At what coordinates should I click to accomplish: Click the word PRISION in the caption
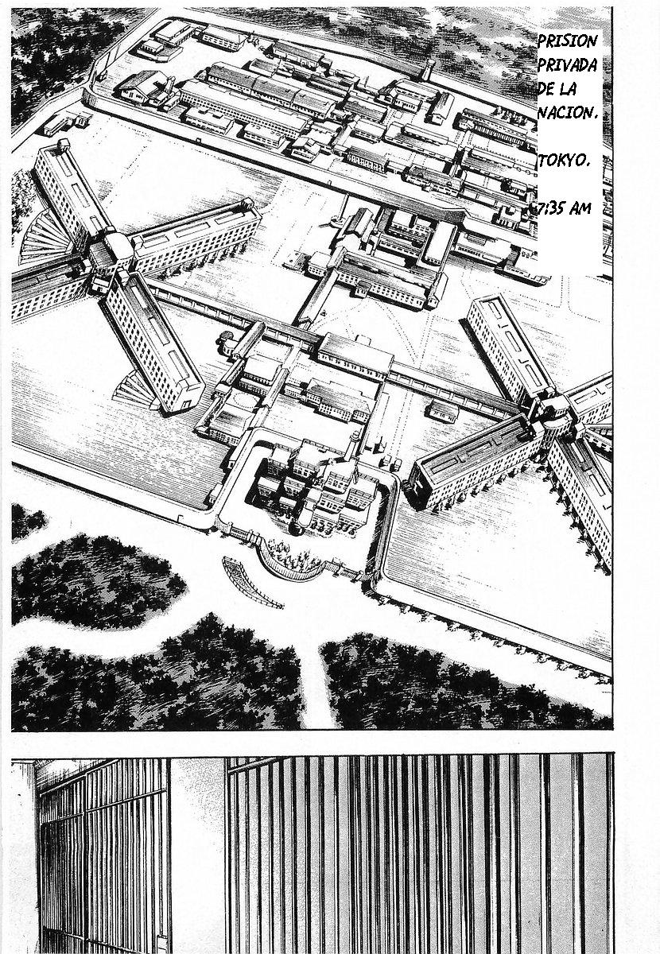567,42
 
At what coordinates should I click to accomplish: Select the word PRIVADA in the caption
567,66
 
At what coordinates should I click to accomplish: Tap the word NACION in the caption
567,113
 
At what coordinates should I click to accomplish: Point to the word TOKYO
564,161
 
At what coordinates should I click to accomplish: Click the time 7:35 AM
563,208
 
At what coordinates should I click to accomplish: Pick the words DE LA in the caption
557,90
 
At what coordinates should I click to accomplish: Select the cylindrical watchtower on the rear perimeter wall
429,69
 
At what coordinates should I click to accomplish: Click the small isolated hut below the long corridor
444,409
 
